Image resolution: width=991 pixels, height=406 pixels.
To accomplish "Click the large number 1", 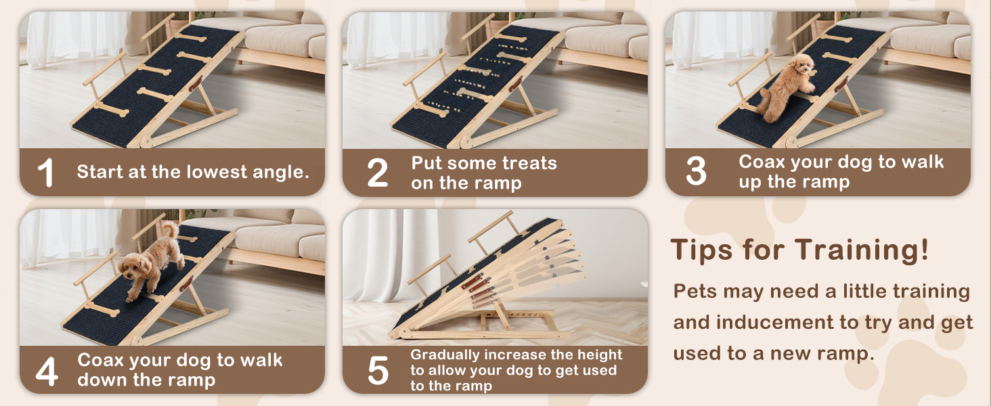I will (45, 173).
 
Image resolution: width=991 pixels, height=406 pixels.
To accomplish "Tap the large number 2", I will (377, 173).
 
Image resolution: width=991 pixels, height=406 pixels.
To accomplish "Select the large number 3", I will (696, 171).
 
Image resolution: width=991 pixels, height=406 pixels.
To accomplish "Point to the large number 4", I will (46, 371).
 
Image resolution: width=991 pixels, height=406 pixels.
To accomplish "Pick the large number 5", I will (378, 371).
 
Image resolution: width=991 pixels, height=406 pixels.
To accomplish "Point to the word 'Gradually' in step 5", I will (443, 355).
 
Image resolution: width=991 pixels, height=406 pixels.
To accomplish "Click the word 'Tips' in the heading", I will (701, 250).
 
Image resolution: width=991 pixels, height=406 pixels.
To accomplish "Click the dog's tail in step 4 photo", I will (171, 231).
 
